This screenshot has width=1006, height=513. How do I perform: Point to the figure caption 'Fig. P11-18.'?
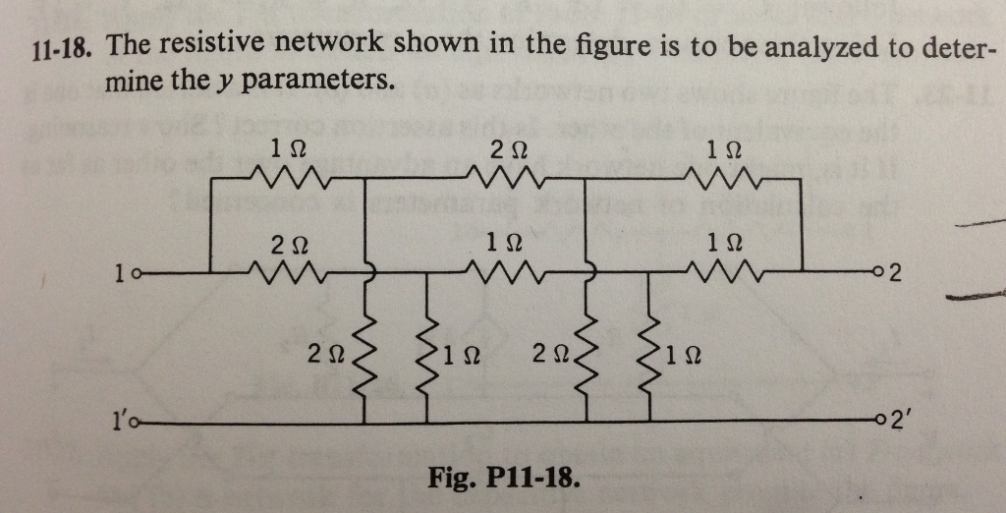pos(503,480)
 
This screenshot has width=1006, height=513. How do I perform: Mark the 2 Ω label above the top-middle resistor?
pos(508,149)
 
